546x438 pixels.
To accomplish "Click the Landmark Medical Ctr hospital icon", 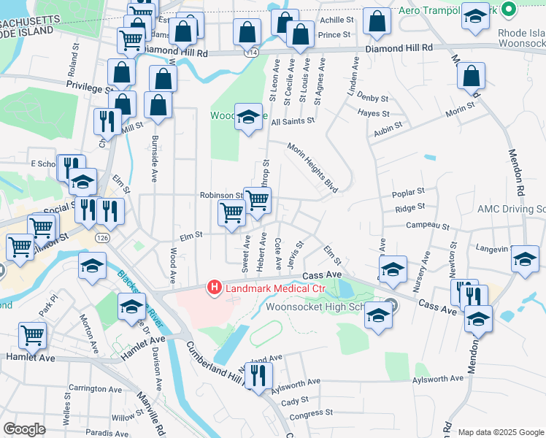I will click(215, 288).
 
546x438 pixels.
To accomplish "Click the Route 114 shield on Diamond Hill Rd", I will click(251, 54).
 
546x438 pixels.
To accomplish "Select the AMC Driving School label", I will click(511, 210).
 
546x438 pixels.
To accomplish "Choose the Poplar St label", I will click(408, 192).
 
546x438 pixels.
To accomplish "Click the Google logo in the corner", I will click(24, 429).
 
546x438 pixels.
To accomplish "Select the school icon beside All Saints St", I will click(247, 117).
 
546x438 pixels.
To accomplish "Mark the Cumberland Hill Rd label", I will click(212, 371).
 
